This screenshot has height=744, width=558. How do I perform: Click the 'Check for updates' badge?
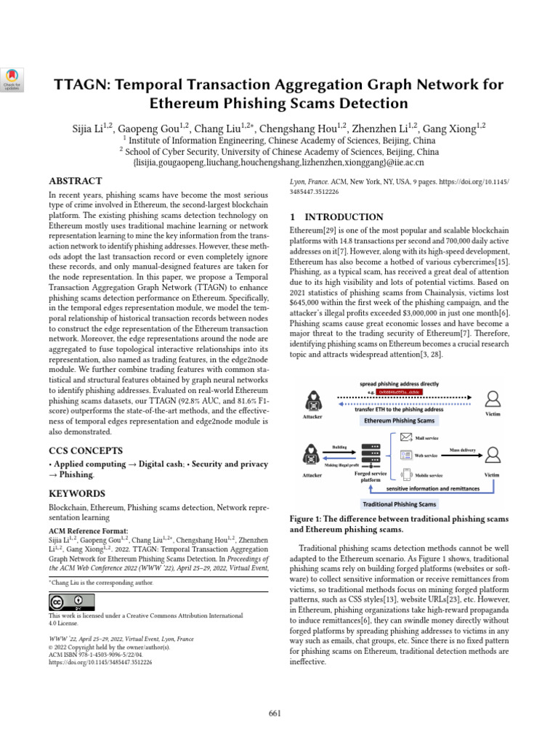click(x=12, y=78)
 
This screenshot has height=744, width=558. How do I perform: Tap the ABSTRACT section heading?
click(x=75, y=180)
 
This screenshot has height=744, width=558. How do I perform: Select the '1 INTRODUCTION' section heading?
click(x=336, y=217)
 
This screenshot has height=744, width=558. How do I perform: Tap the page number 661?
click(x=275, y=713)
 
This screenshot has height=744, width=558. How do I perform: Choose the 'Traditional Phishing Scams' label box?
click(x=399, y=504)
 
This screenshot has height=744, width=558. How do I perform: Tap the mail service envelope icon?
click(x=406, y=437)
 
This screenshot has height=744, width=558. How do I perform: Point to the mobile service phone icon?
click(x=406, y=475)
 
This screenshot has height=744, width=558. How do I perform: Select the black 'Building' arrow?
click(x=339, y=453)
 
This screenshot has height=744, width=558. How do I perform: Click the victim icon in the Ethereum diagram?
click(x=493, y=398)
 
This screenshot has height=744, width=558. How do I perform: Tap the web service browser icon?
click(x=406, y=456)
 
